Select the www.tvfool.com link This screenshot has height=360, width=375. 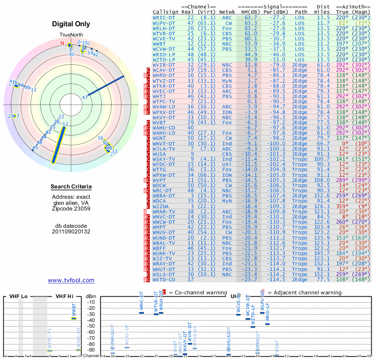tap(71, 280)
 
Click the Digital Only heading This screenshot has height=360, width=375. tap(71, 24)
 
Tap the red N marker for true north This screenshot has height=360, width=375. tap(62, 43)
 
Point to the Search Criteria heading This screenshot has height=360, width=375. tap(71, 187)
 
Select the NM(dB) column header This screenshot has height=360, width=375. tap(248, 11)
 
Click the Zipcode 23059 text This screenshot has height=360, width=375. tap(71, 209)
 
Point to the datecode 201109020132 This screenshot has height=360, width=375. tap(71, 232)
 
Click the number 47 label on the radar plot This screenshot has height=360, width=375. tap(85, 97)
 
